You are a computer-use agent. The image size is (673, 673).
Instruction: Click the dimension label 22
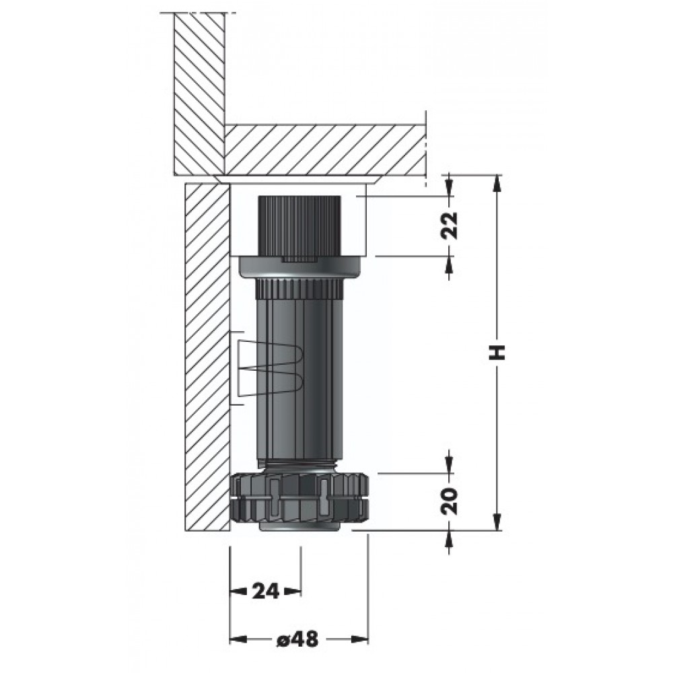click(x=450, y=225)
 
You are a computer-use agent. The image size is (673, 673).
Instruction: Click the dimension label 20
click(x=450, y=501)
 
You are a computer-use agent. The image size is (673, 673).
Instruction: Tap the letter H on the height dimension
click(x=497, y=353)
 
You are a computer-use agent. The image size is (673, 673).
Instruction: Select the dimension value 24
click(x=266, y=592)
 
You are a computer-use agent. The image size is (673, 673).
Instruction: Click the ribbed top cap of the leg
click(x=299, y=228)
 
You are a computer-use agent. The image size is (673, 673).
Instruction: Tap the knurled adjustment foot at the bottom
click(x=299, y=498)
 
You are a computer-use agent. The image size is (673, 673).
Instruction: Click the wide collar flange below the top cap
click(x=299, y=267)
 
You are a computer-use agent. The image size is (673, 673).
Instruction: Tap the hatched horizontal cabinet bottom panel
click(x=325, y=150)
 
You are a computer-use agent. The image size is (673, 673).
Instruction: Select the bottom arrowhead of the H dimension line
click(x=497, y=522)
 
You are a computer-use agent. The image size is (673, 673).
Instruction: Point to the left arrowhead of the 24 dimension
click(x=239, y=592)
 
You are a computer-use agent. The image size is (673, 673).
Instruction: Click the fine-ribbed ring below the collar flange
click(x=299, y=289)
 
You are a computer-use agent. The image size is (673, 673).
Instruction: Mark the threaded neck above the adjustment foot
click(x=299, y=466)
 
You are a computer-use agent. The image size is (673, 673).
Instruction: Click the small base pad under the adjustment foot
click(x=299, y=527)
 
